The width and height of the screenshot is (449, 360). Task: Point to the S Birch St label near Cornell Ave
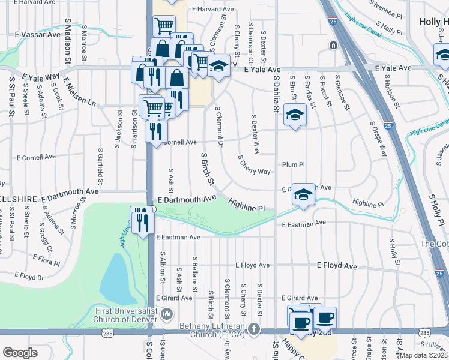pyautogui.click(x=208, y=168)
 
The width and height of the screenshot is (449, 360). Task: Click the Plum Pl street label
pyautogui.click(x=294, y=164)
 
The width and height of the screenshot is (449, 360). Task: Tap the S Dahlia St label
pyautogui.click(x=276, y=94)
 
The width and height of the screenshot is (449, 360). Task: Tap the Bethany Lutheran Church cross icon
pyautogui.click(x=255, y=329)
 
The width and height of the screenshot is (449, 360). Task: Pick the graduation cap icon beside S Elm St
pyautogui.click(x=295, y=114)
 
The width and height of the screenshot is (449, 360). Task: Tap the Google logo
pyautogui.click(x=20, y=353)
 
